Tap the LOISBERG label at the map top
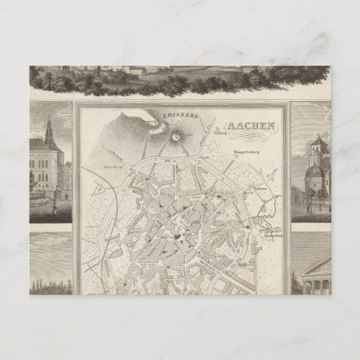click(177, 115)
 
